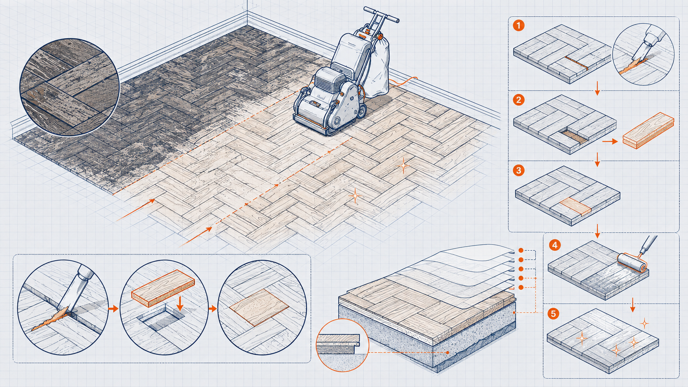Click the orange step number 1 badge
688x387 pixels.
(519, 25)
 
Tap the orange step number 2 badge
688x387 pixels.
(519, 100)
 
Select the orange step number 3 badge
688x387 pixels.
(519, 170)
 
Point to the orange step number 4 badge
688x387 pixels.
(555, 245)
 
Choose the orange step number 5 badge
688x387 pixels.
(553, 314)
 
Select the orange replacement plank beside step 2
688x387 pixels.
(648, 130)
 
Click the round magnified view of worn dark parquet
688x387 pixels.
(70, 87)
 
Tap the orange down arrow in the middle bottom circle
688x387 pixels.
(180, 304)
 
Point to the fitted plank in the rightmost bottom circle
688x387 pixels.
(259, 308)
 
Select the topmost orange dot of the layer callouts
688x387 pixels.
(521, 250)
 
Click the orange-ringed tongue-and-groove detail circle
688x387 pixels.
(342, 345)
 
